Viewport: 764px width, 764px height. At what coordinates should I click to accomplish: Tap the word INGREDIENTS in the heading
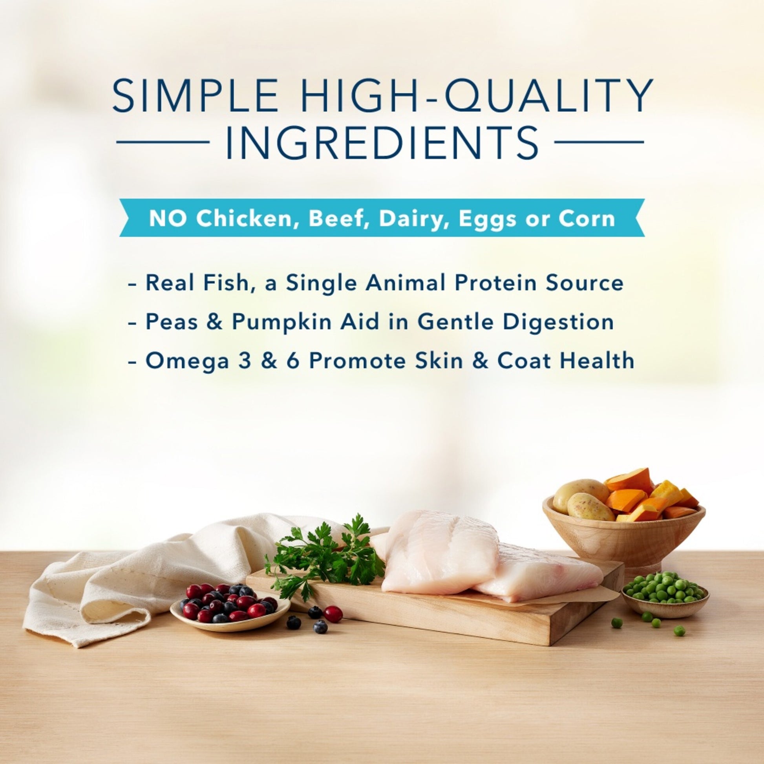(x=382, y=142)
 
